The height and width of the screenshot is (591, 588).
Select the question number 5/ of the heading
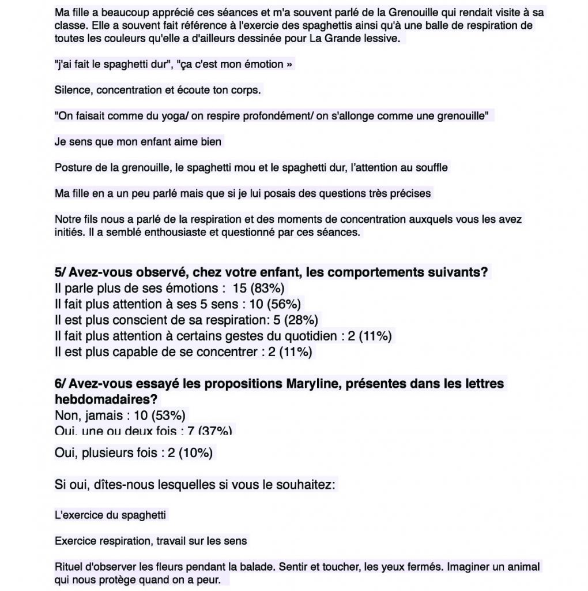[61, 272]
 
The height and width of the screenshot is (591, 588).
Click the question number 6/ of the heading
[61, 383]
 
